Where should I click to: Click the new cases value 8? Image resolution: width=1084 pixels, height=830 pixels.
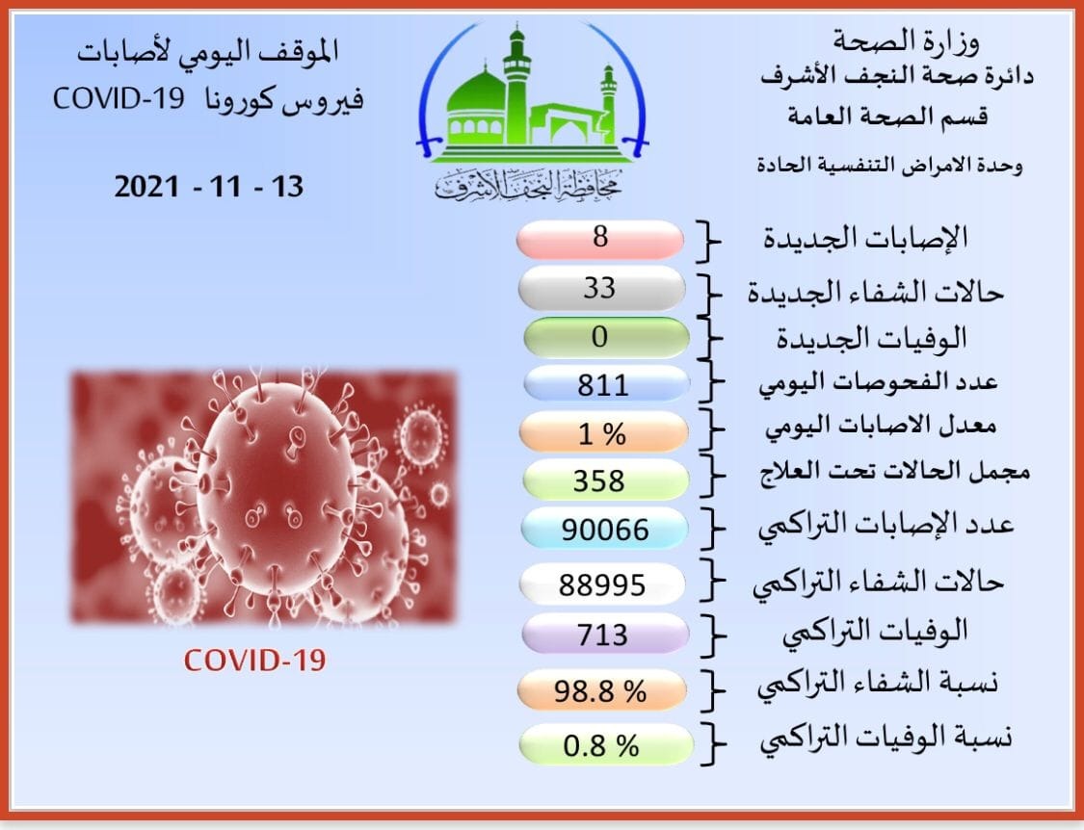(x=600, y=237)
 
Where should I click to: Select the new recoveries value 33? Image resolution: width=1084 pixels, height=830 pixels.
(x=599, y=288)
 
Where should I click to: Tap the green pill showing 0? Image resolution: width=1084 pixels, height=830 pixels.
(x=606, y=337)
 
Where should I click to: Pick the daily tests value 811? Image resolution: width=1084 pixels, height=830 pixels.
(x=603, y=384)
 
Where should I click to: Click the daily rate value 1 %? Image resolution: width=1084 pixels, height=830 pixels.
(x=602, y=434)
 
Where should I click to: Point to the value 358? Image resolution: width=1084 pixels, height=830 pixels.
(x=598, y=480)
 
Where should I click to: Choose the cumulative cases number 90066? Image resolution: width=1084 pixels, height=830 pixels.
(x=605, y=531)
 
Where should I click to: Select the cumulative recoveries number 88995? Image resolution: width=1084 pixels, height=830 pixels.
(x=602, y=585)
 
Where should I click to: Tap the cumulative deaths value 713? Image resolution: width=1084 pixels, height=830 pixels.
(x=603, y=635)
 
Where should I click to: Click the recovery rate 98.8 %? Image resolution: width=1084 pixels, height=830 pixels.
(x=600, y=690)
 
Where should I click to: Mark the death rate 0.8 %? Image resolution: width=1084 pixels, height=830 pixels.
(x=600, y=745)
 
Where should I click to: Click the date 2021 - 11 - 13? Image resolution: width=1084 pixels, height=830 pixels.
(x=209, y=187)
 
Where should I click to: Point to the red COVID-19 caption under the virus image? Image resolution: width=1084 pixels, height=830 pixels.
(x=254, y=660)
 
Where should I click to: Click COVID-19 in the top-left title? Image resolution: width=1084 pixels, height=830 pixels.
(x=119, y=99)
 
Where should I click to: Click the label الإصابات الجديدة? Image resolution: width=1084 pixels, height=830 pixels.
(x=865, y=238)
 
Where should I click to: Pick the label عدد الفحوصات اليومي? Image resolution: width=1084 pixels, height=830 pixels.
(x=878, y=382)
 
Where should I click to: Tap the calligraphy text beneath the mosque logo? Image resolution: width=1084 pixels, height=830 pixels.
(x=528, y=184)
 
